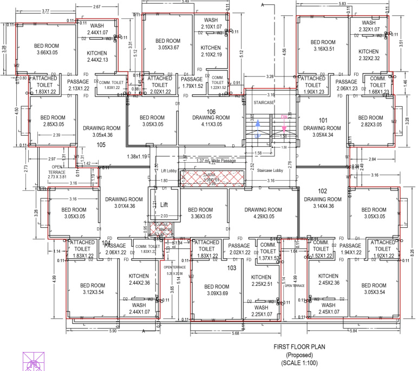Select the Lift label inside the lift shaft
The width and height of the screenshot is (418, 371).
point(165,204)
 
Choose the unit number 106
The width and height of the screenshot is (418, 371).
point(211,112)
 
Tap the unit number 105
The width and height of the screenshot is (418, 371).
point(101,145)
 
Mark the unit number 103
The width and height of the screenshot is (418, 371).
point(232,268)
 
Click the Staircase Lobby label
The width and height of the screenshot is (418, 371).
point(270,170)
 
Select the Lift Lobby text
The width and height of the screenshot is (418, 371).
point(169,170)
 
